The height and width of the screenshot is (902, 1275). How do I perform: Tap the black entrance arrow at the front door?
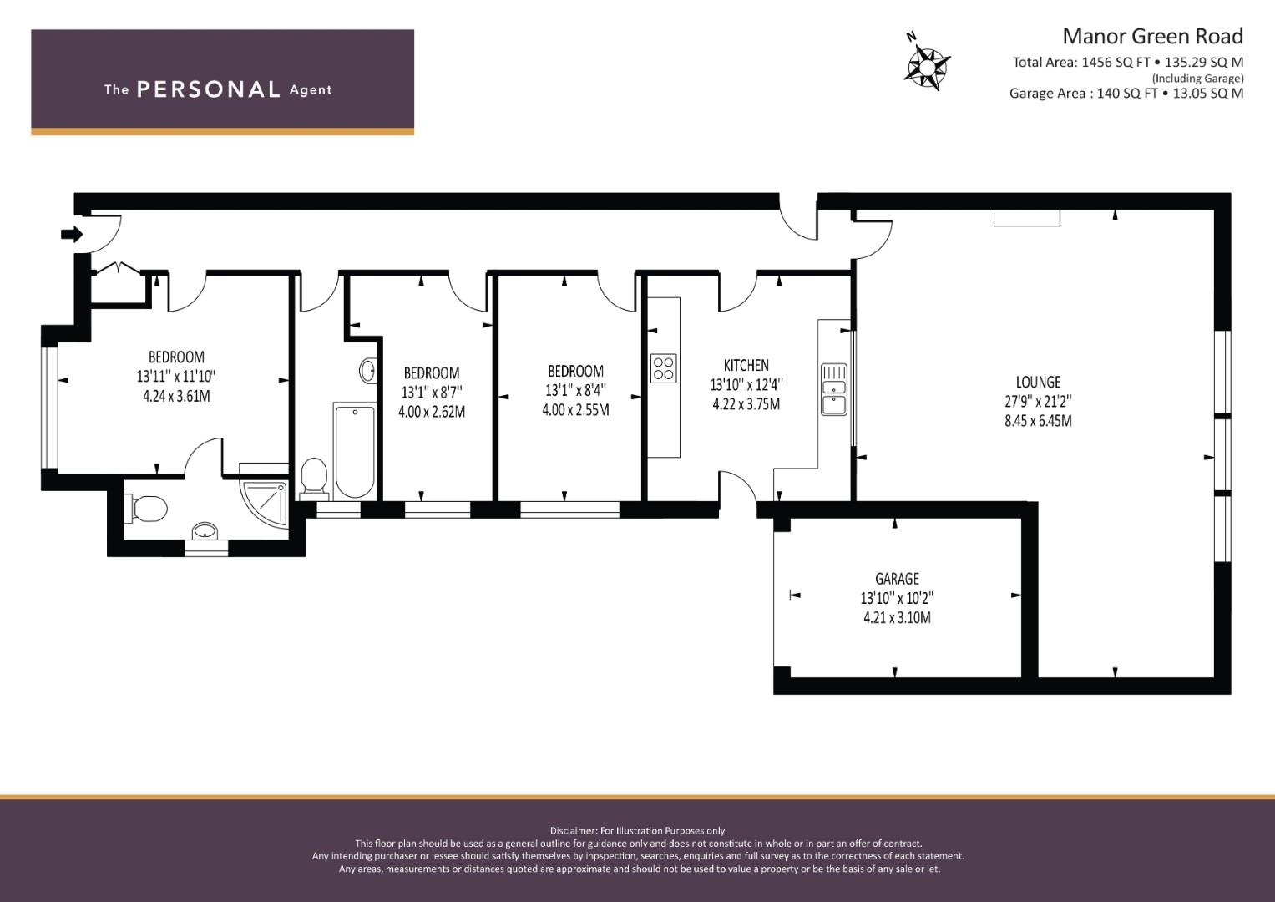tap(72, 235)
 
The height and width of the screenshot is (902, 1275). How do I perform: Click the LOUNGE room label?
tap(1038, 382)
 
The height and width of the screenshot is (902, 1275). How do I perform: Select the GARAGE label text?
tap(897, 578)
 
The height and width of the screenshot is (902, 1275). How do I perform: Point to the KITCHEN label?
tap(746, 365)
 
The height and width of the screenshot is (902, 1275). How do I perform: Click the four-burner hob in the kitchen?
tap(664, 368)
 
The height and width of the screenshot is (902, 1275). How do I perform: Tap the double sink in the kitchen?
tap(833, 388)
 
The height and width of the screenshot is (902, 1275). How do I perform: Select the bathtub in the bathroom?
tap(354, 450)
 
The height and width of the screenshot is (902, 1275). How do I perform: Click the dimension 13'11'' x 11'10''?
tap(176, 377)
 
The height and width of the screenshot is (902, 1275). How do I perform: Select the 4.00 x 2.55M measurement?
tap(575, 410)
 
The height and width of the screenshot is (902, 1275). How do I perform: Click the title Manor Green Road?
tap(1152, 36)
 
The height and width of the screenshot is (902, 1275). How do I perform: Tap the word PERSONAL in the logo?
tap(208, 89)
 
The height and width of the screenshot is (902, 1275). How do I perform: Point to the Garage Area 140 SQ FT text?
tap(1083, 94)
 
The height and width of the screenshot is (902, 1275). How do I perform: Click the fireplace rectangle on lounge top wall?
tap(1026, 218)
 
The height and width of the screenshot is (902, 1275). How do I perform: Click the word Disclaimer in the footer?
tap(573, 830)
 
